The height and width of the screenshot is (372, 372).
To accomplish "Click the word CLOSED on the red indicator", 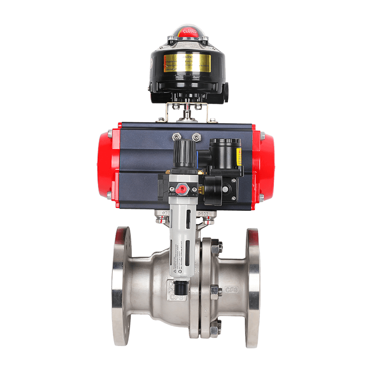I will point(190,32).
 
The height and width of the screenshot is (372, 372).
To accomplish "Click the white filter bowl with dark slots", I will point(183,232).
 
